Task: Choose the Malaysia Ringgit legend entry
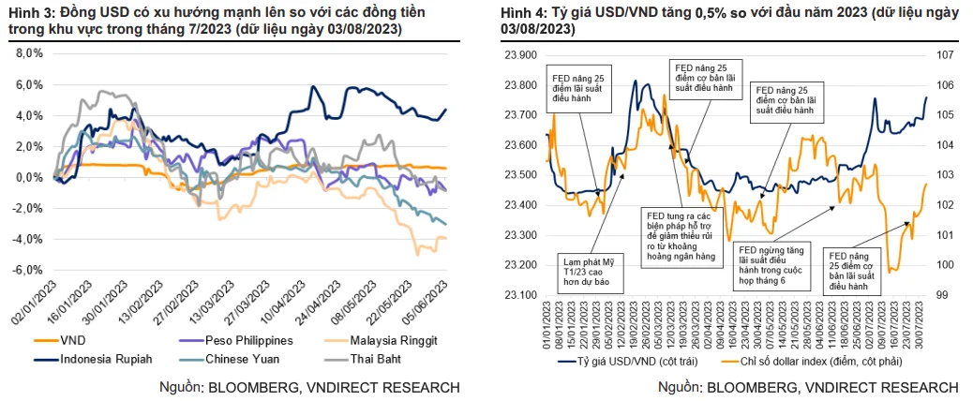pos(376,340)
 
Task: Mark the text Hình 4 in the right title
pos(518,13)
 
